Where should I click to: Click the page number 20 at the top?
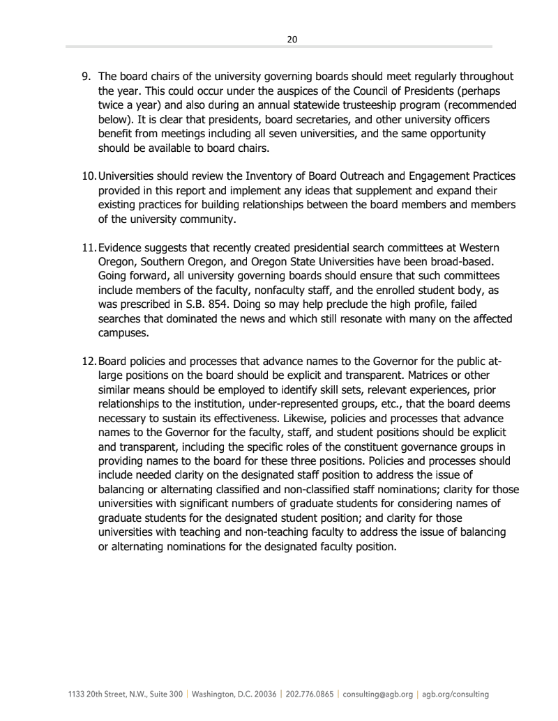[x=292, y=40]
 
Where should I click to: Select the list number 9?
[x=86, y=77]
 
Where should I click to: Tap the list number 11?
[x=89, y=248]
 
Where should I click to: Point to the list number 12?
[x=89, y=361]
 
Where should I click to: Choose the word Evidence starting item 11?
[x=122, y=248]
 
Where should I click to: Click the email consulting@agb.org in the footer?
[x=377, y=695]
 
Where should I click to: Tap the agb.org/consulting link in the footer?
[x=456, y=695]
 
